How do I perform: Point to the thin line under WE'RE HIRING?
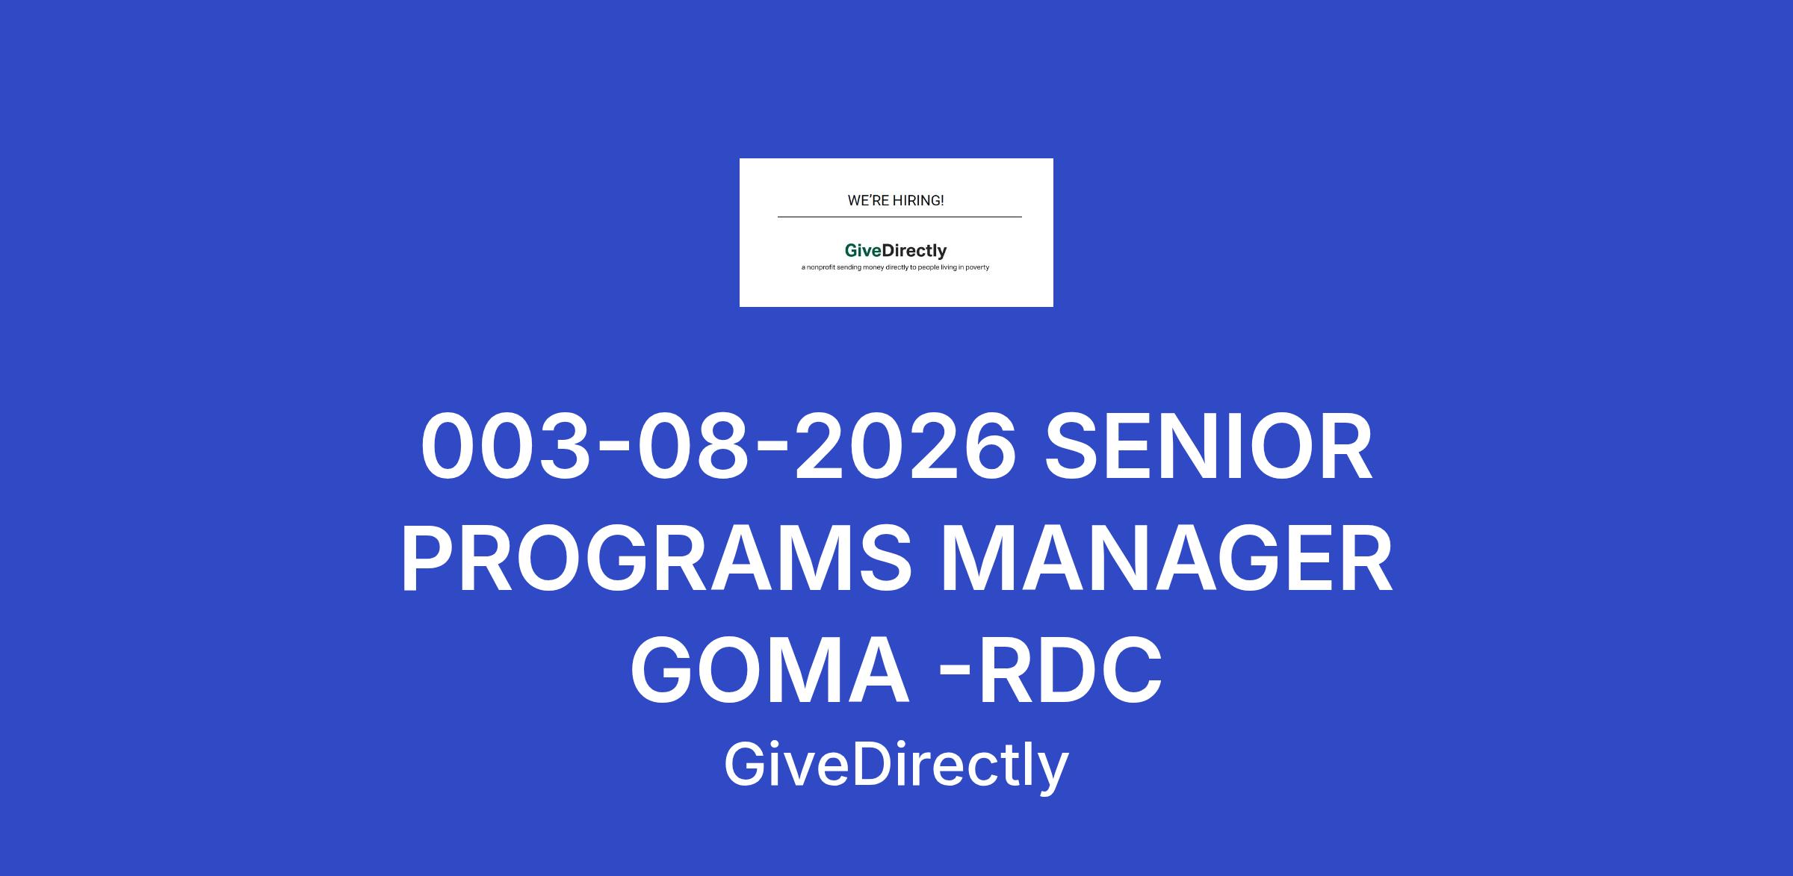(899, 217)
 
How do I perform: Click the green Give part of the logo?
(863, 251)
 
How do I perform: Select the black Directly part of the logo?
(914, 252)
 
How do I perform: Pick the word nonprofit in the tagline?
(820, 267)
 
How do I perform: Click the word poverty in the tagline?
(976, 267)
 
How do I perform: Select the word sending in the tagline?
(849, 267)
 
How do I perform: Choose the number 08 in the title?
(693, 446)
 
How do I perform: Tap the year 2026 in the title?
(905, 446)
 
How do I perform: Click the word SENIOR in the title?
(1208, 446)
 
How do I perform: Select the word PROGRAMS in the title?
(657, 559)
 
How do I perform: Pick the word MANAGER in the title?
(1166, 559)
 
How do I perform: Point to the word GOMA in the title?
(770, 671)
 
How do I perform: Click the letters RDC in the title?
(1070, 671)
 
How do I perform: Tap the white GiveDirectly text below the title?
(896, 766)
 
